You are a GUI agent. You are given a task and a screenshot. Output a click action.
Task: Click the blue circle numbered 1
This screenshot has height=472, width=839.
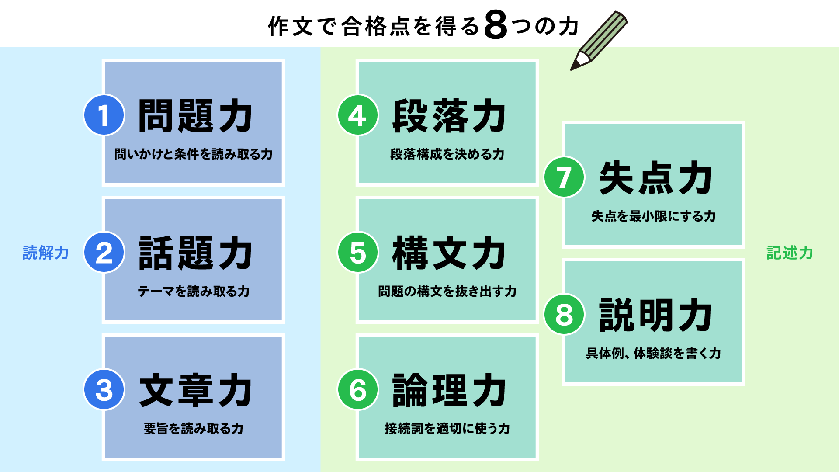coord(104,115)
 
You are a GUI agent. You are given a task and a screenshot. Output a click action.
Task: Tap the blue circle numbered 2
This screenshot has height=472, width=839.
coord(104,253)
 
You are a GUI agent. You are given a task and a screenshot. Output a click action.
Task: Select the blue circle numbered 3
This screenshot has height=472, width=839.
coord(104,390)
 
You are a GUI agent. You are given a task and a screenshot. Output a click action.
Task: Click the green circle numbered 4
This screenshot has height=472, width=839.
coord(358,115)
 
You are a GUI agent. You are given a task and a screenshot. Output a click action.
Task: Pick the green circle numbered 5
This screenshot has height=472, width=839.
coord(358,253)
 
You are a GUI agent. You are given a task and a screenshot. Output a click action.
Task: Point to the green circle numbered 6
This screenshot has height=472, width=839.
coord(358,390)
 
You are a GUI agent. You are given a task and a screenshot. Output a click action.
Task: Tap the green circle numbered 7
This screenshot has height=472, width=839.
coord(564,177)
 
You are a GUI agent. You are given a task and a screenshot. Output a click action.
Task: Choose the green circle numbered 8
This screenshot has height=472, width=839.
coord(564,314)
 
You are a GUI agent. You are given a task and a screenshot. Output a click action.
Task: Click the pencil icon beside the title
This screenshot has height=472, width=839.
coord(599,41)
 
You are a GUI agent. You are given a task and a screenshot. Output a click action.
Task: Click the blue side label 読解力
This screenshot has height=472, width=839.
coord(45,253)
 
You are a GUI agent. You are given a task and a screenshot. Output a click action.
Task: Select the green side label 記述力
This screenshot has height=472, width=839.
coord(790,253)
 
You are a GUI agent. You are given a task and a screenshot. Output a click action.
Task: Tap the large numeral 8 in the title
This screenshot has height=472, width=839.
coord(496,25)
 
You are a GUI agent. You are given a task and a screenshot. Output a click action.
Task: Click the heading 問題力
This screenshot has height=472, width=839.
coord(195,116)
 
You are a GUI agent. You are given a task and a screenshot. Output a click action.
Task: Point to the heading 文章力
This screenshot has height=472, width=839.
coord(195,390)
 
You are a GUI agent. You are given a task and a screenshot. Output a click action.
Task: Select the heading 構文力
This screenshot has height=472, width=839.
coord(449,253)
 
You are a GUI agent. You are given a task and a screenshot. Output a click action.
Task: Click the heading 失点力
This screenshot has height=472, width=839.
coord(655,177)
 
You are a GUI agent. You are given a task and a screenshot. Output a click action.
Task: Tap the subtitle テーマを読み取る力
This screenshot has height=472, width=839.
coord(194,292)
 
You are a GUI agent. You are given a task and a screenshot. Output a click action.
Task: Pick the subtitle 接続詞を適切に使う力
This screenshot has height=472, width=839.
coord(447,429)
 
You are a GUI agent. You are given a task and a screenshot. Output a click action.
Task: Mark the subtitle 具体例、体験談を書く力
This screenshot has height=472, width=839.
coord(653,353)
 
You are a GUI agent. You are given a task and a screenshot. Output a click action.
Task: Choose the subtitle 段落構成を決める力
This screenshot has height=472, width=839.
coord(447,154)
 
